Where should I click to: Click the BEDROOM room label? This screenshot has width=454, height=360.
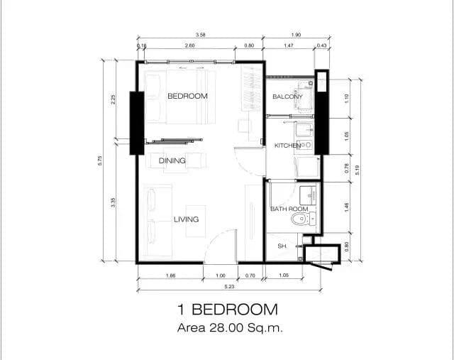(187, 96)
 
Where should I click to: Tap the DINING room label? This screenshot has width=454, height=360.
(172, 160)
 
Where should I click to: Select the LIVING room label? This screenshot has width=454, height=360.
(186, 219)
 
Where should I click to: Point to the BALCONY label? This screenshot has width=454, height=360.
(287, 97)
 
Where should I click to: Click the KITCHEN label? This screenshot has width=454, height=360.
(287, 146)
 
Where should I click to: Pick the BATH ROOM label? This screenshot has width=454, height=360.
(289, 209)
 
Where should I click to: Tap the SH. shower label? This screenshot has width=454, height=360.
(282, 246)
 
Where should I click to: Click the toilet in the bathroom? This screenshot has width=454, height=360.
(303, 219)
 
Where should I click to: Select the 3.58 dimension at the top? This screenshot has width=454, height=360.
(200, 35)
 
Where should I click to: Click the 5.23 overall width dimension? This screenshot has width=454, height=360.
(229, 286)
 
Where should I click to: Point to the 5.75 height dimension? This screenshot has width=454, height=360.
(100, 160)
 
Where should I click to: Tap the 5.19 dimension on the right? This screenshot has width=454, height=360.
(357, 170)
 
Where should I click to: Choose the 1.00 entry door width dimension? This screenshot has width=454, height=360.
(221, 276)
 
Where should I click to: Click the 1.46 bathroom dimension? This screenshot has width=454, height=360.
(347, 207)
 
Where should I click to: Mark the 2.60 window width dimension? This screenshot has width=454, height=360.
(189, 45)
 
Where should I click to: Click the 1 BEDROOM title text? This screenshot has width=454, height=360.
(228, 310)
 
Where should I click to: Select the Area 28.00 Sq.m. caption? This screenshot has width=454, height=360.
(230, 328)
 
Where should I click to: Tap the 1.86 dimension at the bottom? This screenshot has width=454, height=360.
(170, 276)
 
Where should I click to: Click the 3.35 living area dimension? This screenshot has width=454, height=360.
(113, 202)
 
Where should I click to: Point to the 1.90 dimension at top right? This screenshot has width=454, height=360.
(296, 35)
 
